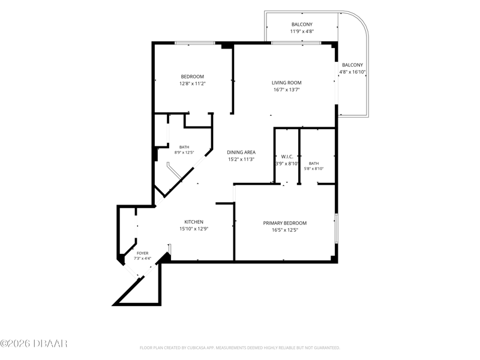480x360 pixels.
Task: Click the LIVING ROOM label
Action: (287, 83)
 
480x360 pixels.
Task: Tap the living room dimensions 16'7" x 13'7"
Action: (287, 89)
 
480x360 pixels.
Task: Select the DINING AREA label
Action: (241, 152)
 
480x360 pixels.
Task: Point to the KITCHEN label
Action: (194, 222)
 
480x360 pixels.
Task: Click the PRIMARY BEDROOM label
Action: (284, 223)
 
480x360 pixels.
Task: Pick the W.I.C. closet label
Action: (287, 157)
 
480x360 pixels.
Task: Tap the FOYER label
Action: (143, 253)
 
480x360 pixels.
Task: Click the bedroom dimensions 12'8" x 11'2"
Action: (192, 83)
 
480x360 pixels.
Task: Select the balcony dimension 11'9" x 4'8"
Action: (302, 31)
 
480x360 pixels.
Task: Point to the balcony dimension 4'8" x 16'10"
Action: (352, 72)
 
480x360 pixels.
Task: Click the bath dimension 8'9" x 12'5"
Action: (184, 152)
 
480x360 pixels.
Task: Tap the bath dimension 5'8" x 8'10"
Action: (314, 169)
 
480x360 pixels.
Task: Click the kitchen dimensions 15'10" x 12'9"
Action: (194, 229)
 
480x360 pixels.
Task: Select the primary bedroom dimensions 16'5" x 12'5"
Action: (284, 230)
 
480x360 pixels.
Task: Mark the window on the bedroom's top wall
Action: (195, 43)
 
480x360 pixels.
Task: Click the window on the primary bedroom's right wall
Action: (336, 229)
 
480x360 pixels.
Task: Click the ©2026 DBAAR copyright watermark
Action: (34, 343)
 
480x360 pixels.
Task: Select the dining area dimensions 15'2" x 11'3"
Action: (241, 159)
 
